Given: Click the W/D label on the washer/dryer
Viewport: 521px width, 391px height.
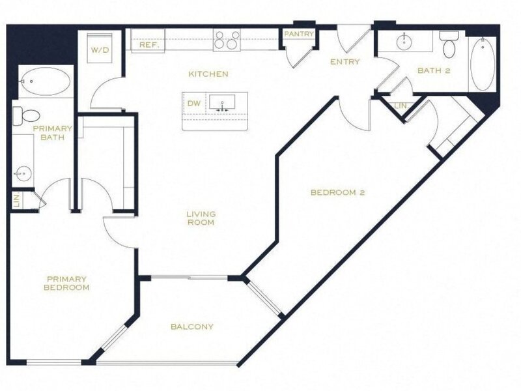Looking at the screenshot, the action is click(100, 51).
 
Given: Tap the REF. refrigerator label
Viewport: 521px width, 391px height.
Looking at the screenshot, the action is click(148, 45).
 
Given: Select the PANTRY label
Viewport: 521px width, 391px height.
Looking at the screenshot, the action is click(299, 34).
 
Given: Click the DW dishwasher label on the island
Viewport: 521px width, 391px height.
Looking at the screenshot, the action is click(194, 104).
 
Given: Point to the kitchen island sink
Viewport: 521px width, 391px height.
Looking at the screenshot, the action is click(222, 102).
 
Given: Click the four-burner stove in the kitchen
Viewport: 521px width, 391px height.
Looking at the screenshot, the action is click(227, 40).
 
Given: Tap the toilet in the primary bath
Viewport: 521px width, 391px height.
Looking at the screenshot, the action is click(26, 116).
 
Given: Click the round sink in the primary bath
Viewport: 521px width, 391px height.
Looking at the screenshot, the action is click(23, 173).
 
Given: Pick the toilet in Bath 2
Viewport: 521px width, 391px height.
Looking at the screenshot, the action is click(449, 45).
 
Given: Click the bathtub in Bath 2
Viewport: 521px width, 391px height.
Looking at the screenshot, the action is click(483, 64).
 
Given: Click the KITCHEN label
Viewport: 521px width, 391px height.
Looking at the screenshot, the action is click(208, 74).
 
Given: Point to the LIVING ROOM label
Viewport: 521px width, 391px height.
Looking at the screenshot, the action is click(201, 218).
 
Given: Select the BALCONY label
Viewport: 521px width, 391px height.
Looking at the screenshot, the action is click(192, 327).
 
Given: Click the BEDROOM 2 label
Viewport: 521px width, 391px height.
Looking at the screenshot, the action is click(338, 192).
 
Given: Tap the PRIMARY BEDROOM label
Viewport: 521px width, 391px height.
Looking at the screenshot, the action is click(66, 283).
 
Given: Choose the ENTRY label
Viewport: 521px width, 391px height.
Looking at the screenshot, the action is click(345, 62).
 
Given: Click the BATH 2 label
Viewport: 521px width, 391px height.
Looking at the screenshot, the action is click(434, 70).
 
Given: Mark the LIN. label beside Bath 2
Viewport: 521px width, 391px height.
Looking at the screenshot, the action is click(401, 106).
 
